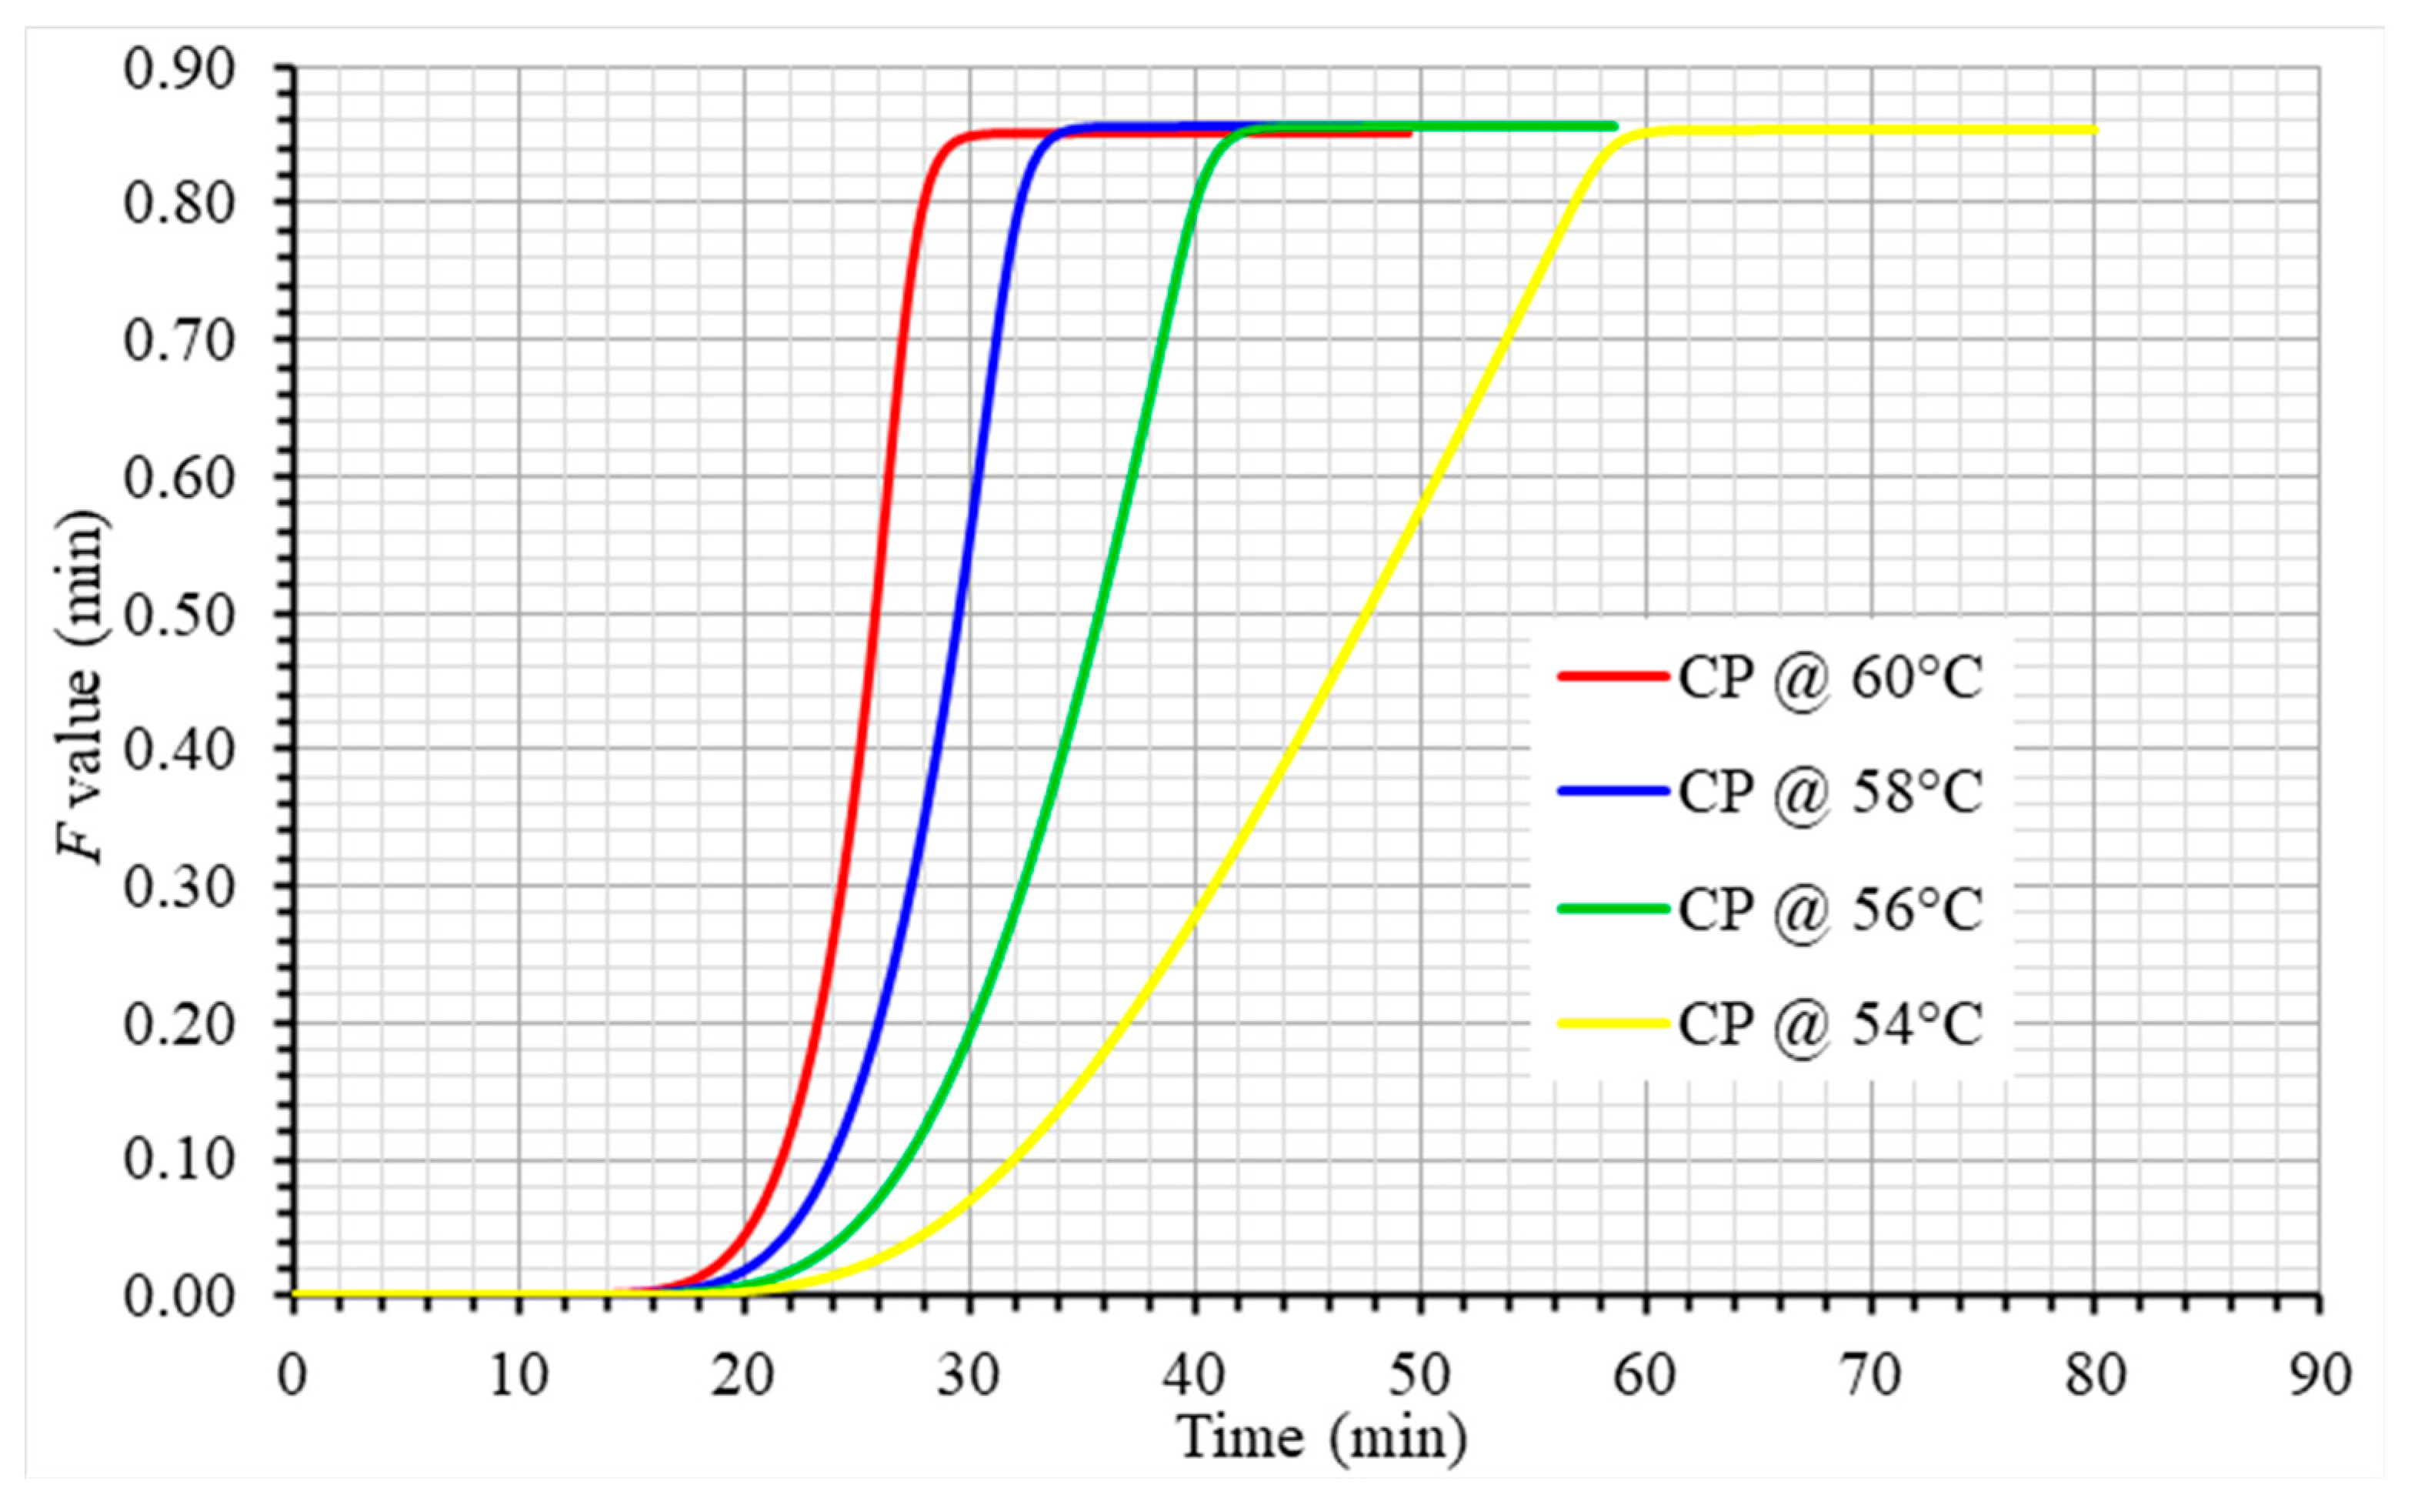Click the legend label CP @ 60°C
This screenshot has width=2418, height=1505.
tap(1831, 678)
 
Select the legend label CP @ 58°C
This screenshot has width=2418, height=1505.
tap(1831, 793)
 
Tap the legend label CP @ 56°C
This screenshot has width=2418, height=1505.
tap(1831, 909)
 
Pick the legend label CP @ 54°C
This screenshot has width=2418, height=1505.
tap(1831, 1023)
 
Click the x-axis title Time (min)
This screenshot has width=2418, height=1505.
tap(1322, 1437)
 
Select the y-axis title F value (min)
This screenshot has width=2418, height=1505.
tap(82, 687)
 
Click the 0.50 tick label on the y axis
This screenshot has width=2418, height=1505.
tap(180, 614)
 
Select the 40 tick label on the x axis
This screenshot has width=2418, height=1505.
tap(1194, 1376)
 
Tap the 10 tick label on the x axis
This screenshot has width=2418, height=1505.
tap(519, 1376)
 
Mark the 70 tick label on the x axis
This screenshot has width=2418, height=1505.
tap(1871, 1376)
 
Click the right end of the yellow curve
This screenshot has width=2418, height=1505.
tap(2095, 129)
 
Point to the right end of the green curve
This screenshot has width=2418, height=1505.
tap(1613, 125)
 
